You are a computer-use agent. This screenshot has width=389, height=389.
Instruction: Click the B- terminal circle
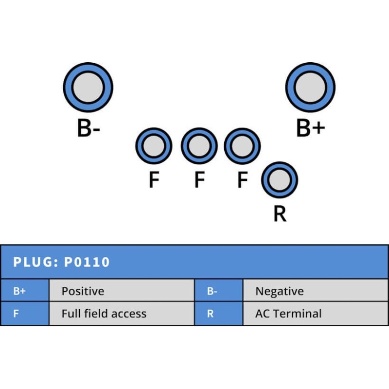[x=88, y=88]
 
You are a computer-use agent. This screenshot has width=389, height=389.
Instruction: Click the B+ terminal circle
[x=310, y=88]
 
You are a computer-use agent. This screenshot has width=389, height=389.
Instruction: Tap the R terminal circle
[x=280, y=180]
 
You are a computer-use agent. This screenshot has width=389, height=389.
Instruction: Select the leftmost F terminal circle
[x=154, y=145]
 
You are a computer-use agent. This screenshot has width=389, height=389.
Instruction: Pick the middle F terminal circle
[x=199, y=145]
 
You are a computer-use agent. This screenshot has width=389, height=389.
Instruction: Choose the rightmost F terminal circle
[x=242, y=145]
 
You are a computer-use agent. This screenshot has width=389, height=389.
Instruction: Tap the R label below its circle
[x=280, y=214]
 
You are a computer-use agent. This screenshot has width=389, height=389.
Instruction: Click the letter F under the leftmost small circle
[x=154, y=180]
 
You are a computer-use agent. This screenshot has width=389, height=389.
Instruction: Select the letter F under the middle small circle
[x=199, y=180]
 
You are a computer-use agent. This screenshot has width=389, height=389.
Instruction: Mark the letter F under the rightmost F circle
[x=242, y=180]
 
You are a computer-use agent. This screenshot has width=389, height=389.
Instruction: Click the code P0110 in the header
[x=87, y=263]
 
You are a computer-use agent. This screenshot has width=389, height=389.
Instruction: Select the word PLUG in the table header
[x=35, y=263]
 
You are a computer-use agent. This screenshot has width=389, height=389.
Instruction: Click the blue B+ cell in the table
[x=24, y=291]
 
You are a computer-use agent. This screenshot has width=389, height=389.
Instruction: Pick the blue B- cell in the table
[x=218, y=291]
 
